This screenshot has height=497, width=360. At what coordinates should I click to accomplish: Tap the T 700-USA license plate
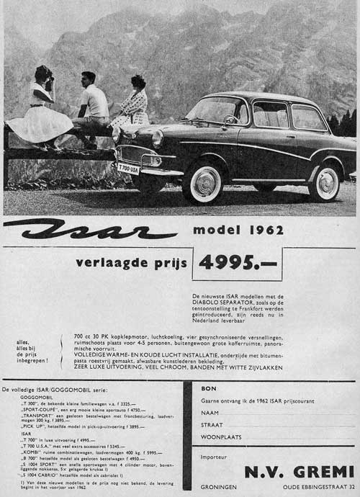click(128, 168)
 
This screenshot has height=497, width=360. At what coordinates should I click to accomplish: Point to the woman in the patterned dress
click(132, 104)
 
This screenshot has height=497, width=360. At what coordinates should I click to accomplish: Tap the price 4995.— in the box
click(238, 263)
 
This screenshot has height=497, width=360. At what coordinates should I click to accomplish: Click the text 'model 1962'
click(238, 232)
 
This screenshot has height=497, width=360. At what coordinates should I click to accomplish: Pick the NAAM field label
click(210, 413)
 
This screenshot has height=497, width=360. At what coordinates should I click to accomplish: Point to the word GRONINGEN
click(219, 486)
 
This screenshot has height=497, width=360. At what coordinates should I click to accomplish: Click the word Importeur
click(215, 457)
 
